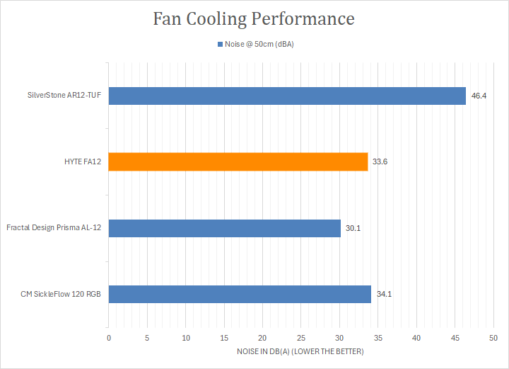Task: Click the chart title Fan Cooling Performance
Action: coord(254,19)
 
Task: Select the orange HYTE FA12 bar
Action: coord(238,161)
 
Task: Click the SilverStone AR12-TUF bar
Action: coord(287,96)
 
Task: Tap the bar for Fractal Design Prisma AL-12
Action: coord(225,228)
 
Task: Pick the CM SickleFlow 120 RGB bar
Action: coord(240,294)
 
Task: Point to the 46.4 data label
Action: coord(479,96)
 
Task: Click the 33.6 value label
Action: coord(380,161)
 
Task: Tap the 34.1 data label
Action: coord(385,294)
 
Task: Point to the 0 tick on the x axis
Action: coord(109,338)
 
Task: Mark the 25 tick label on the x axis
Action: coord(301,338)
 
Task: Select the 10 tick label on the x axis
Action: coord(186,338)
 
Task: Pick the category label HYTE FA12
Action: coord(83,161)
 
